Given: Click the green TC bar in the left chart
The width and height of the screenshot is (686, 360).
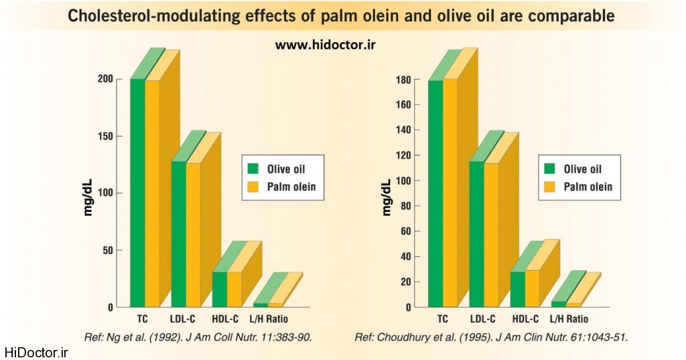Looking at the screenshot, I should point(137,194).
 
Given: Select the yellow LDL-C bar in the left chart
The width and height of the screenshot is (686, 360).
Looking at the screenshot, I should point(193,235).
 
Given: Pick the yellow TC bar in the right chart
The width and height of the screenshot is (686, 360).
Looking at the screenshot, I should point(450,194).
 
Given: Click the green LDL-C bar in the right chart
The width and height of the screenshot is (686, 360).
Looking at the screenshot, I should point(476,235).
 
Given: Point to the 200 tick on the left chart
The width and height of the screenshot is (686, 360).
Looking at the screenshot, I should point(105,79).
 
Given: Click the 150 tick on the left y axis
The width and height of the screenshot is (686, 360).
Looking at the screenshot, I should point(105,136).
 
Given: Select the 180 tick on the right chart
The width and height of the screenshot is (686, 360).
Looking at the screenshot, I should point(403,79).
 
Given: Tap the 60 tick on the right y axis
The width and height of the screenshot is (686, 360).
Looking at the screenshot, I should point(405,231).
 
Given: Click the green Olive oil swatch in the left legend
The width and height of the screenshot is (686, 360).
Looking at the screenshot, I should point(253,169).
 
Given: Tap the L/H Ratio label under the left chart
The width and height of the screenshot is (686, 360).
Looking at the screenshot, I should point(269,319).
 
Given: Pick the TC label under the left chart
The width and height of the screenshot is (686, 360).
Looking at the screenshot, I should point(143,319).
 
